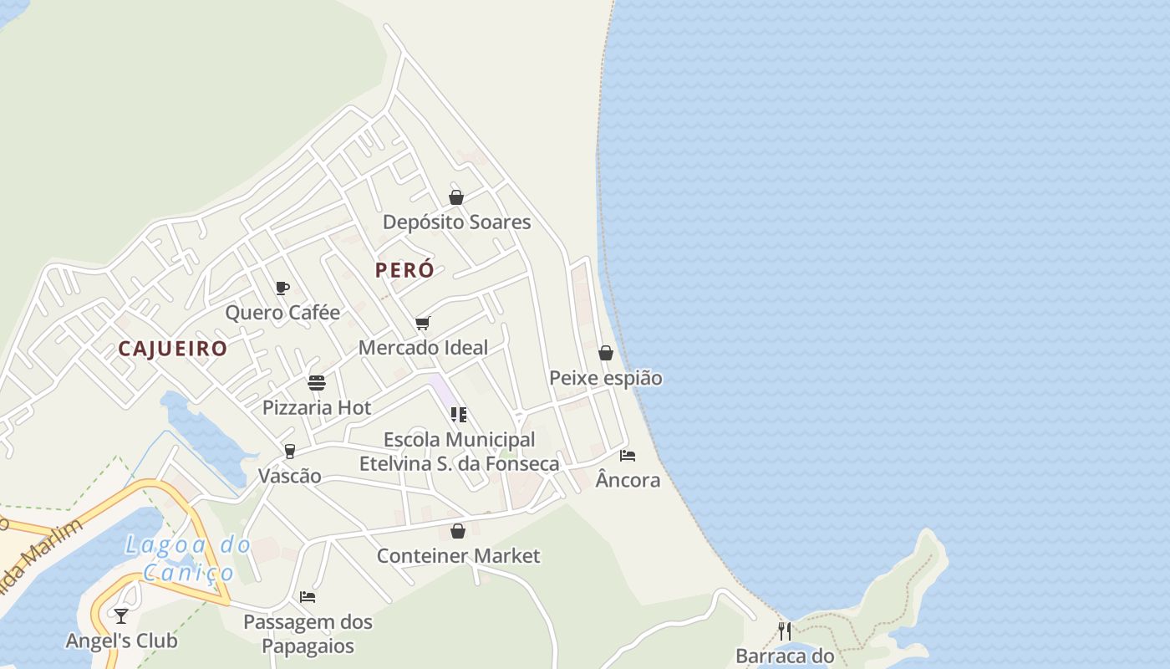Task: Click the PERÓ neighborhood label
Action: pyautogui.click(x=404, y=270)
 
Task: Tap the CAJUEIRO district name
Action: pyautogui.click(x=172, y=349)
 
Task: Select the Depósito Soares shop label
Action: pyautogui.click(x=456, y=222)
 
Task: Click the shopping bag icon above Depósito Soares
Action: pyautogui.click(x=456, y=197)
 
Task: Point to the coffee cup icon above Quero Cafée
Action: pyautogui.click(x=282, y=289)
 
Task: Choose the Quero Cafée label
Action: pyautogui.click(x=282, y=313)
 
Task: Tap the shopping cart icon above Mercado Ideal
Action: pyautogui.click(x=423, y=323)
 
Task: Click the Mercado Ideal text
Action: pyautogui.click(x=423, y=347)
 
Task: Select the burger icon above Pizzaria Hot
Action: pyautogui.click(x=317, y=383)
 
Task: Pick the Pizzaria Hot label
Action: pyautogui.click(x=317, y=408)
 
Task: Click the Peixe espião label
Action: pyautogui.click(x=606, y=378)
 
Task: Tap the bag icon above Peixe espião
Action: pyautogui.click(x=606, y=353)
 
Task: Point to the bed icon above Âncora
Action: pyautogui.click(x=628, y=456)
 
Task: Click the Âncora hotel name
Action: pyautogui.click(x=628, y=481)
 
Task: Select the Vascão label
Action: pyautogui.click(x=290, y=476)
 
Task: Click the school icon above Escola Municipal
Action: pyautogui.click(x=458, y=415)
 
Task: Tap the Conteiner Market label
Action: pyautogui.click(x=458, y=556)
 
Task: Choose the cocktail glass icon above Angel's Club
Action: pyautogui.click(x=121, y=616)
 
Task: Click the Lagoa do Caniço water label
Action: pyautogui.click(x=188, y=559)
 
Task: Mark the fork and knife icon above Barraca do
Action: pyautogui.click(x=785, y=631)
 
